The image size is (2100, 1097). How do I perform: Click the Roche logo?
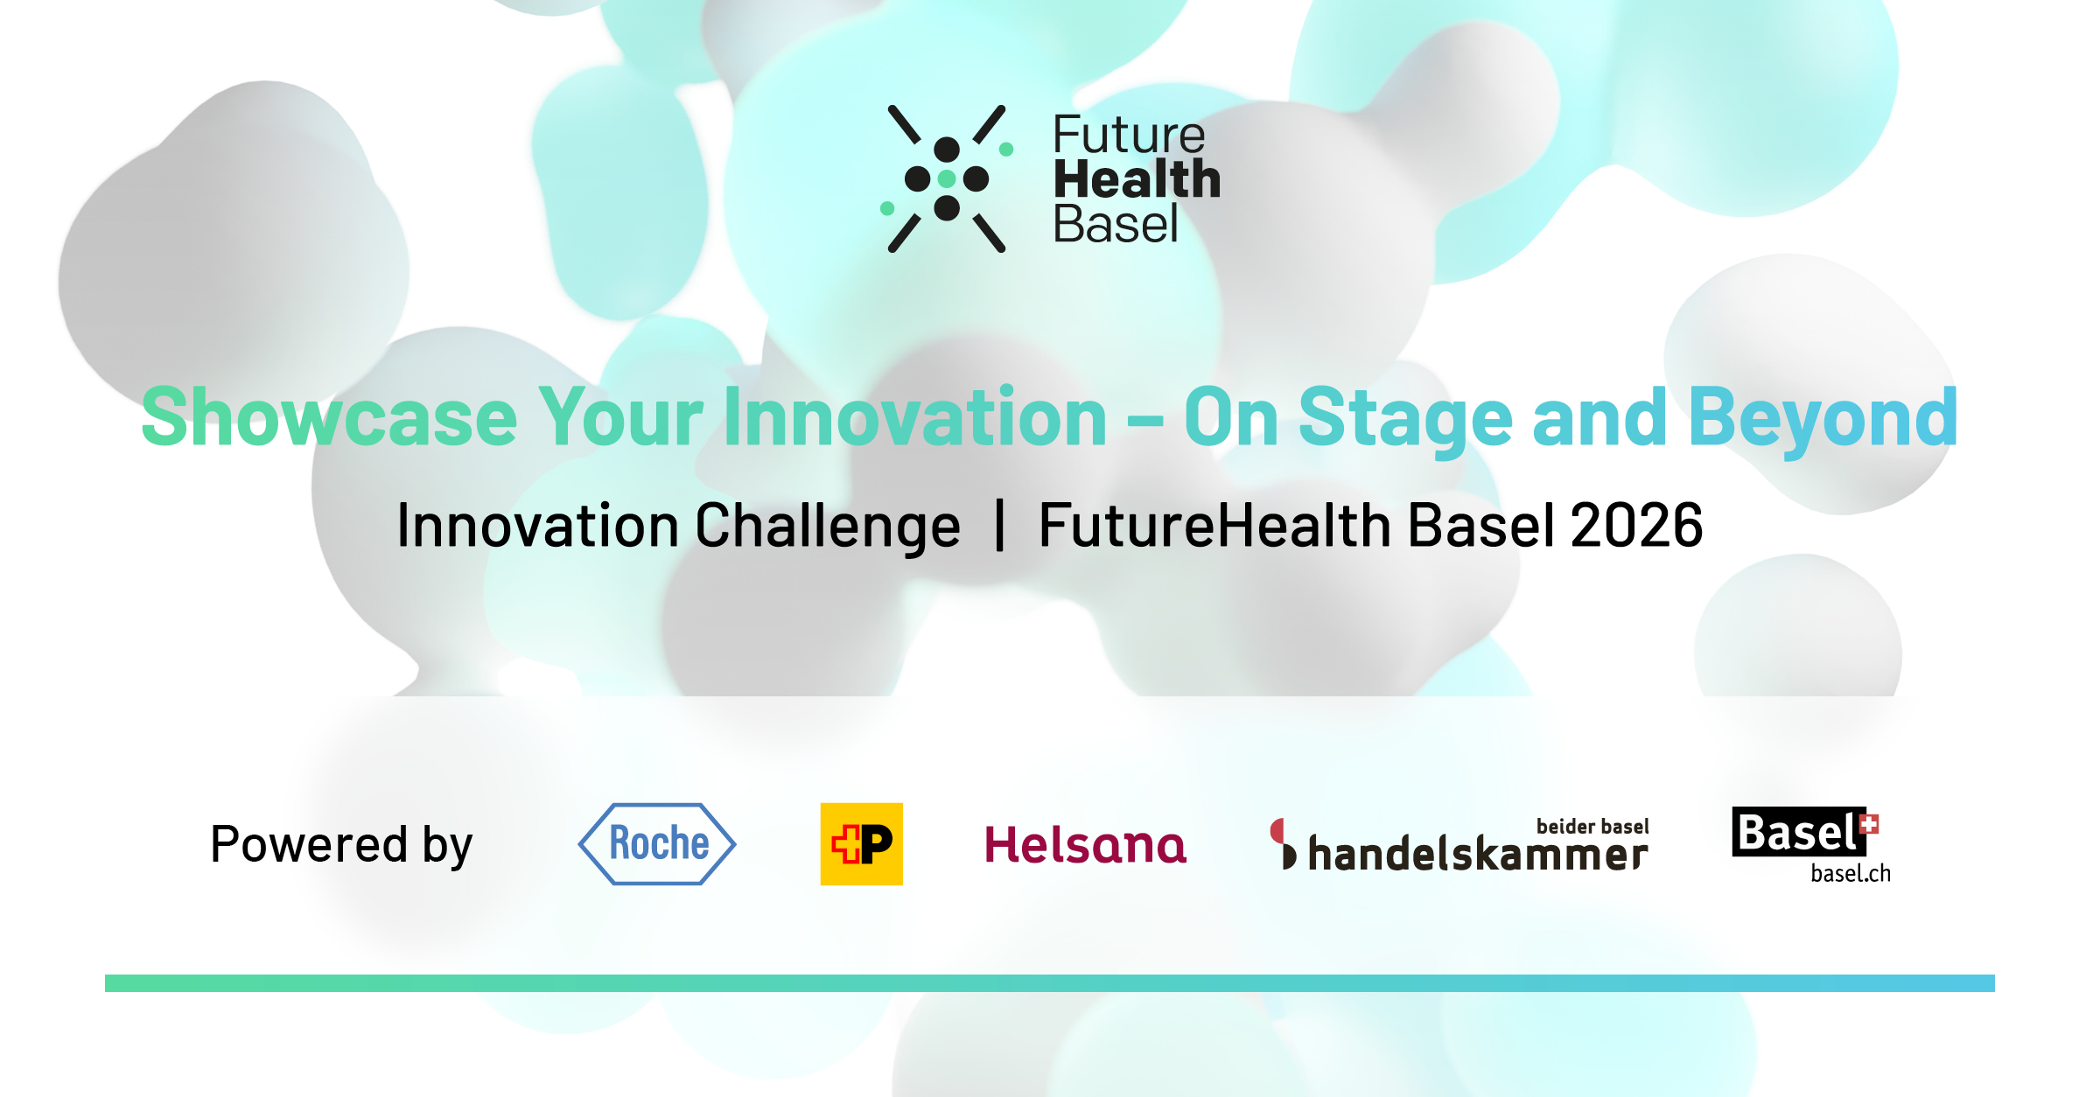coord(657,843)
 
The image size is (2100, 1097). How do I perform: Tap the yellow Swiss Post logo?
coord(861,843)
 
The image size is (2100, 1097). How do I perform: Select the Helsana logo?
coord(1085,844)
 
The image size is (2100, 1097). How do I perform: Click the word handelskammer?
coord(1478,853)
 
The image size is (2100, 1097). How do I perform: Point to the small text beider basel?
coord(1592,826)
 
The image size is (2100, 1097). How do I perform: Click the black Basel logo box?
coord(1798,831)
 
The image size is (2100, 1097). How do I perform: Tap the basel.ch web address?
coord(1851,873)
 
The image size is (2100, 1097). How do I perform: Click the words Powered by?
coord(341,844)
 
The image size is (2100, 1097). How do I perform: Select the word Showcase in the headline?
coord(329,417)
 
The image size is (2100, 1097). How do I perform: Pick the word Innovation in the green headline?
coord(915,417)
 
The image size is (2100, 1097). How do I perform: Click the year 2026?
coord(1636,525)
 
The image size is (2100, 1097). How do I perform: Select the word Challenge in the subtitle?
coord(828,526)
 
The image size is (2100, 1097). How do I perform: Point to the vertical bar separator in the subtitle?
coord(999,525)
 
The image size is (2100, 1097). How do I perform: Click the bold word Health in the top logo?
coord(1137,179)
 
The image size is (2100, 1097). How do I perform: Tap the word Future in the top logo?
coord(1129,135)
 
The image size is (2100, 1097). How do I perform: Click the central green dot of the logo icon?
coord(947,179)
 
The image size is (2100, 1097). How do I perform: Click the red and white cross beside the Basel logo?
coord(1869,824)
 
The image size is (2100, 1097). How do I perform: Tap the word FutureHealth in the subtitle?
coord(1215,525)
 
